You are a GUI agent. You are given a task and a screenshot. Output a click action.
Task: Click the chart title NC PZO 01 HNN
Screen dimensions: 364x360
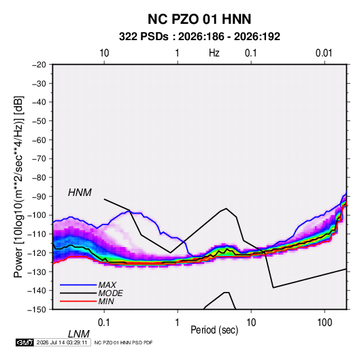(199, 19)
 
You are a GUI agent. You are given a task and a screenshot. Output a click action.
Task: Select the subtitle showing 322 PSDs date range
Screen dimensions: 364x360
(199, 37)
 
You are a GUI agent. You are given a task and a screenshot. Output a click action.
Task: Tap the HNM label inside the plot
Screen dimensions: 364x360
(80, 193)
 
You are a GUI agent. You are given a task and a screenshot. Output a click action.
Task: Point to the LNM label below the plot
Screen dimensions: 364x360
(78, 334)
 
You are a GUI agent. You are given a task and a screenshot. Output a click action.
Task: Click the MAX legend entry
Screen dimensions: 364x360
(107, 284)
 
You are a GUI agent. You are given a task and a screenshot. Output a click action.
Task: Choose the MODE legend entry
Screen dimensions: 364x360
(110, 293)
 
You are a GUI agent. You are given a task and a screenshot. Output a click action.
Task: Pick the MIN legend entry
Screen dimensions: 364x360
(106, 301)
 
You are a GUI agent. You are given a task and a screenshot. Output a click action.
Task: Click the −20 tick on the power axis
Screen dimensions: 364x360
(39, 65)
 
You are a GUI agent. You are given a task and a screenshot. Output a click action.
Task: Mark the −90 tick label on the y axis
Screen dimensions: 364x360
(39, 196)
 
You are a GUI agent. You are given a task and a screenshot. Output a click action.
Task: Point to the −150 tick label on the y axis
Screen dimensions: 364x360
(37, 309)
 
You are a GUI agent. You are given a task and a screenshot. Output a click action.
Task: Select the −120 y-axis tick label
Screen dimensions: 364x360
(37, 252)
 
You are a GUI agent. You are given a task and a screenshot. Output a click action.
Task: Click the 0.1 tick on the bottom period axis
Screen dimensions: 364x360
(104, 322)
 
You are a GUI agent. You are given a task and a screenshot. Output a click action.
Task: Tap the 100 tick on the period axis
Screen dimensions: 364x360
(325, 322)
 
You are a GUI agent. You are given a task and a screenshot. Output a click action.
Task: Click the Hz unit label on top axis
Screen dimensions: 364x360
(214, 53)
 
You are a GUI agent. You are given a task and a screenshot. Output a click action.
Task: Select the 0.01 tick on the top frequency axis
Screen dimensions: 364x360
(324, 53)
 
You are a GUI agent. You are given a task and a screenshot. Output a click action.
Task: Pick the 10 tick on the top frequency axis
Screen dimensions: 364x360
(104, 53)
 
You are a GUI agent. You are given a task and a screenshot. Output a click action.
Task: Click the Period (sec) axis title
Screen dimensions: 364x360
(214, 330)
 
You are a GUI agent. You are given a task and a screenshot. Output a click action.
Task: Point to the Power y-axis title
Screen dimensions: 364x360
(18, 186)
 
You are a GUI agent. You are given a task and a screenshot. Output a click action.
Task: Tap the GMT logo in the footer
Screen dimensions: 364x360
(25, 342)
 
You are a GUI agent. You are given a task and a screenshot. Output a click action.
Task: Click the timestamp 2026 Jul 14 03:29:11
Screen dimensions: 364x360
(62, 342)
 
